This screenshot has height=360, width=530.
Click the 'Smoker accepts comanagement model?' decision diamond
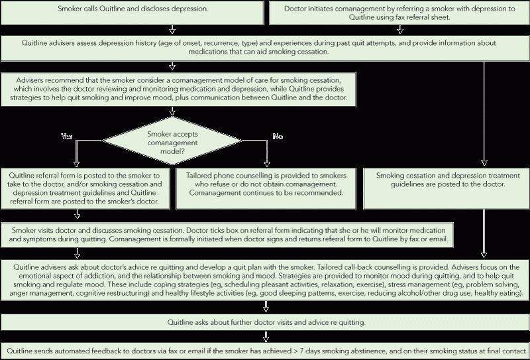[172, 141]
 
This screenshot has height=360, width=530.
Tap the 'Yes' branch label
[67, 137]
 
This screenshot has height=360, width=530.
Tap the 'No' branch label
[278, 137]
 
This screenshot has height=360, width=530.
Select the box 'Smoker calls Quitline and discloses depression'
[132, 13]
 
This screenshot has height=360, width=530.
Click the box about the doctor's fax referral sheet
[399, 13]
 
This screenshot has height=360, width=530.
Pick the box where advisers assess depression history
[265, 48]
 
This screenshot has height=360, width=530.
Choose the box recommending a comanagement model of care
[178, 90]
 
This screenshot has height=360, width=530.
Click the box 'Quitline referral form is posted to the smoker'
[85, 188]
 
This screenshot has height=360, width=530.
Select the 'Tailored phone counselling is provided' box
[266, 188]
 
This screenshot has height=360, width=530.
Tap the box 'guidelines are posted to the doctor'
[446, 188]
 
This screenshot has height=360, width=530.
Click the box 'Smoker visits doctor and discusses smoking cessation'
[227, 235]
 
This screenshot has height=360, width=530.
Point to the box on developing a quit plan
[265, 280]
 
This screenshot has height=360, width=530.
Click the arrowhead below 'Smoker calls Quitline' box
[172, 31]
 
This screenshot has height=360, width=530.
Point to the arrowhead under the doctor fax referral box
[400, 31]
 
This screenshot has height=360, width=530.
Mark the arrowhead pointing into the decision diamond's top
[172, 112]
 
